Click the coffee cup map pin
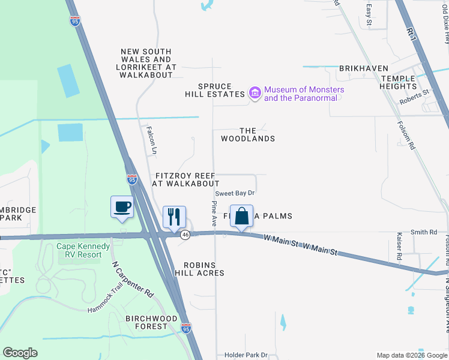click(x=122, y=207)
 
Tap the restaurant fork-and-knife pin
click(x=175, y=217)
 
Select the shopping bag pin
click(x=241, y=216)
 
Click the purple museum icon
click(x=255, y=94)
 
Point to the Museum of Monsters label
click(x=304, y=94)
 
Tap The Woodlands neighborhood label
click(x=248, y=134)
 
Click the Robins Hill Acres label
click(x=195, y=269)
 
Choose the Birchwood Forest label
click(x=151, y=322)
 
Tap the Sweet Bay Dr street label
click(x=235, y=193)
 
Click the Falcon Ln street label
click(x=152, y=137)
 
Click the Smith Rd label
click(x=423, y=232)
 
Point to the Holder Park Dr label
click(x=246, y=355)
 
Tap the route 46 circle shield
click(x=185, y=235)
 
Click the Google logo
click(x=20, y=353)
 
